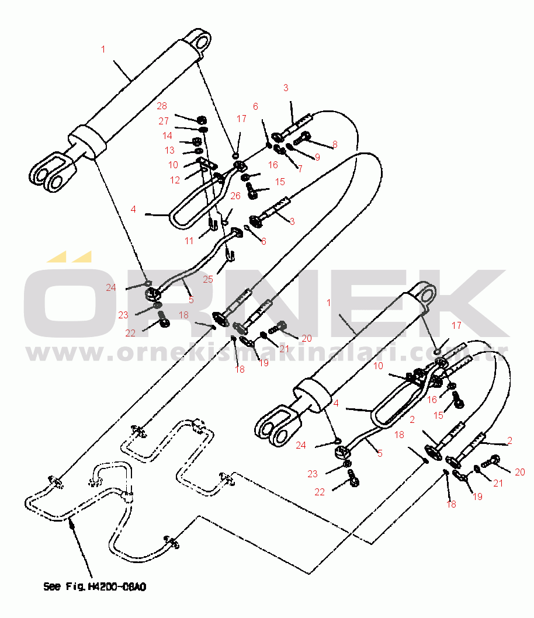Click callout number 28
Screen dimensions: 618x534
[161, 106]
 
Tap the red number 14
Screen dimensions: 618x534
[168, 136]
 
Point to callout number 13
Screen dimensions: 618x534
[169, 150]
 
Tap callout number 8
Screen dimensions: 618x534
[335, 144]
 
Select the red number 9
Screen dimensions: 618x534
[317, 157]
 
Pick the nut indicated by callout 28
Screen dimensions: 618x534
[201, 116]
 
